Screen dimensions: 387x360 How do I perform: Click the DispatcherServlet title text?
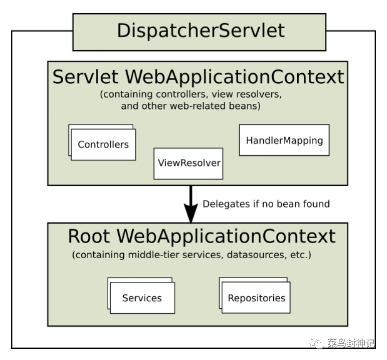coord(201,31)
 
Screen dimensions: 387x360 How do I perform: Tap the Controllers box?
coord(103,145)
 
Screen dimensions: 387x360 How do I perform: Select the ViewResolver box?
coord(188,163)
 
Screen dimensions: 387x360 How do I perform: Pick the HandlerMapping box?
coord(284,140)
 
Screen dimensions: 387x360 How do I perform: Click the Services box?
coord(142,298)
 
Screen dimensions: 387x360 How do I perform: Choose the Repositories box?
coord(256,297)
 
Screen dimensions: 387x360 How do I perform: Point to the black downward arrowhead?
coord(191,213)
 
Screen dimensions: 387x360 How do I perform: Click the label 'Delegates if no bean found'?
coord(266,204)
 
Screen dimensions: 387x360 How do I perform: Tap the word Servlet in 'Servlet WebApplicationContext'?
coord(85,77)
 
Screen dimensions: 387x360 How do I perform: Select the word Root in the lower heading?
coord(89,236)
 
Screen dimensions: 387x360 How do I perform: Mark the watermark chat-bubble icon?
coord(316,342)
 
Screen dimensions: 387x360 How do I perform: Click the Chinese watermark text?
coord(351,343)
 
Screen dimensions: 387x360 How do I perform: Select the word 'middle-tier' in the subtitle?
coord(154,255)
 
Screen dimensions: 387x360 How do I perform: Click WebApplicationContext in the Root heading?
coord(226,236)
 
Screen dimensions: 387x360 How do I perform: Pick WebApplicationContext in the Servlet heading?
coord(235,77)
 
